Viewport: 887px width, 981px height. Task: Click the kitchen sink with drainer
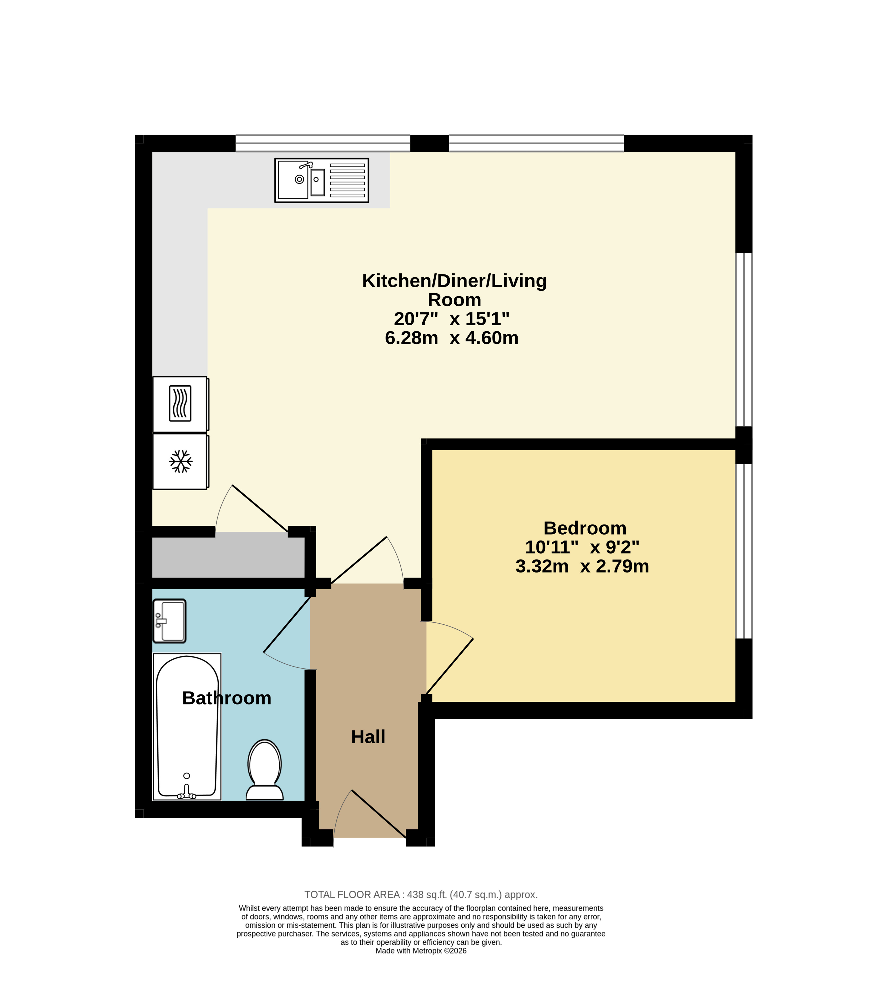pos(322,180)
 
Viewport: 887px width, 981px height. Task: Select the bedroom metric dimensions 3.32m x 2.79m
pos(582,566)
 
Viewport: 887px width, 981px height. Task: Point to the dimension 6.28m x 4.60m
pos(452,338)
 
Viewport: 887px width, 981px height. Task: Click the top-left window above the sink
pos(323,143)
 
